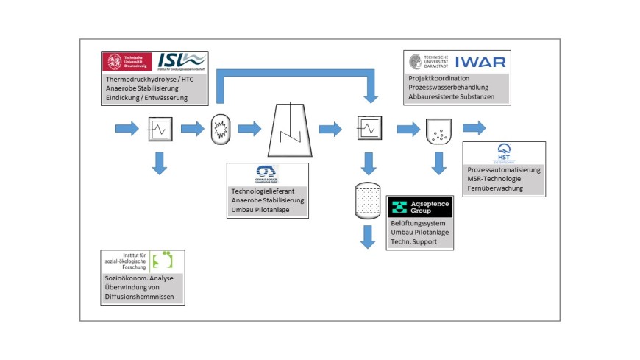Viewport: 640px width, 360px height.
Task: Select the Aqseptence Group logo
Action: (420, 207)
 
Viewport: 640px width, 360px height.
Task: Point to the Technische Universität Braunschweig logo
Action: (127, 62)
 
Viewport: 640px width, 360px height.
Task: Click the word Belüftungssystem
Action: (419, 223)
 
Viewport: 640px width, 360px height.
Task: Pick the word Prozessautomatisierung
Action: (503, 170)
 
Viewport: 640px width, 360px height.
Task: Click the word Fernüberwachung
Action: (494, 188)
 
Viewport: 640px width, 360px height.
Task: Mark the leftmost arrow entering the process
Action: (127, 130)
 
